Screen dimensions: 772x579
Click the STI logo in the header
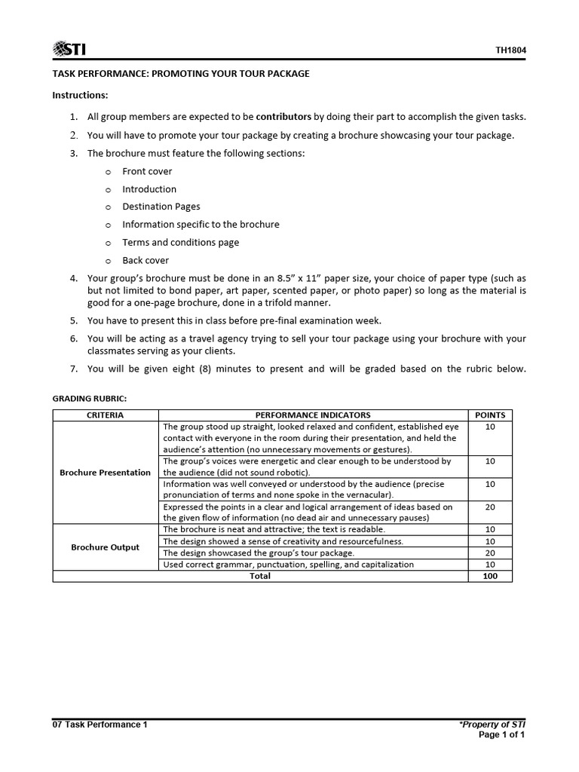tap(69, 50)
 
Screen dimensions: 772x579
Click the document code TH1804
tap(510, 51)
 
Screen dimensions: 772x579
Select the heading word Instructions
tap(80, 95)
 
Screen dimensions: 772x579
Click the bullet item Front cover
tap(147, 171)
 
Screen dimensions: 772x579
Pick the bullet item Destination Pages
tap(161, 207)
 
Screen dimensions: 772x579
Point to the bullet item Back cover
tap(146, 260)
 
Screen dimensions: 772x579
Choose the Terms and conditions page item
tap(180, 242)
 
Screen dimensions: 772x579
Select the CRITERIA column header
tap(106, 415)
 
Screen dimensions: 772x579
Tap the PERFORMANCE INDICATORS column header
tap(313, 415)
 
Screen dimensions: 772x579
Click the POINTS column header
tap(489, 415)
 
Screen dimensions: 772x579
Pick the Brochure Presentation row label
tap(106, 473)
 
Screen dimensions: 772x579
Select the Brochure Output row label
tap(106, 547)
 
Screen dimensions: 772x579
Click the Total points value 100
tap(489, 576)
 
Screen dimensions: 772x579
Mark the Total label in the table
tap(259, 576)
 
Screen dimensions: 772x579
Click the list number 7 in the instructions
tap(73, 369)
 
